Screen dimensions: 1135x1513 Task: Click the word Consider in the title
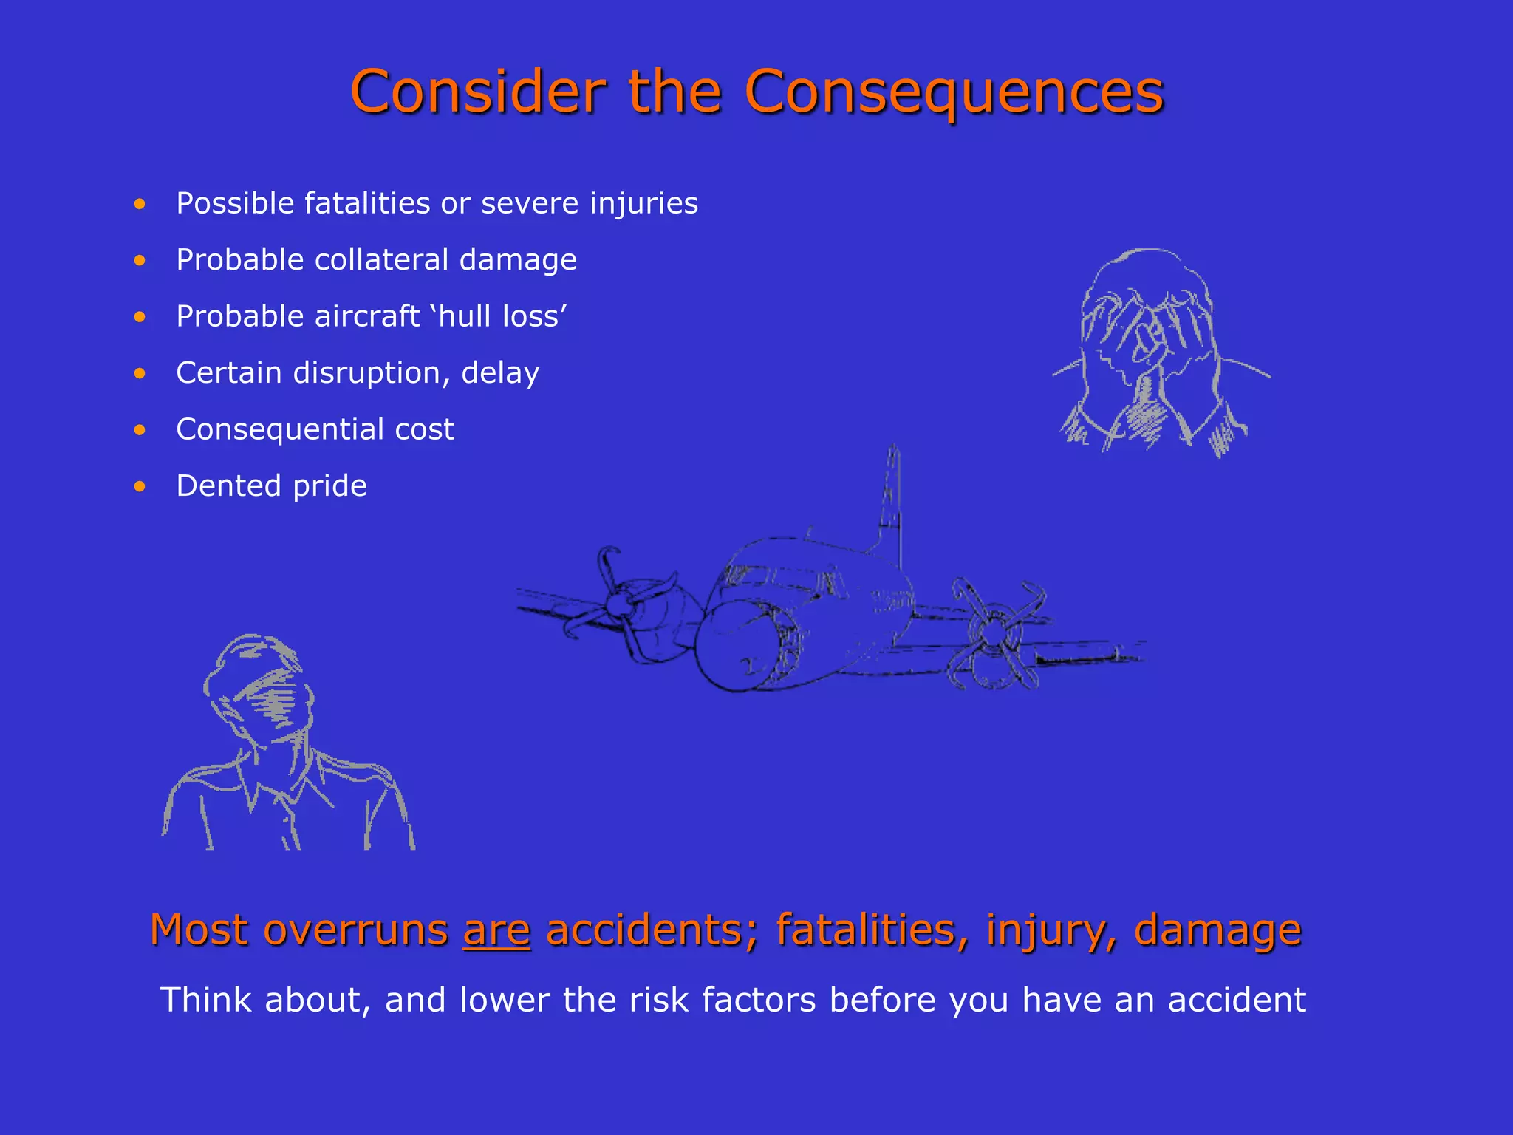click(x=477, y=92)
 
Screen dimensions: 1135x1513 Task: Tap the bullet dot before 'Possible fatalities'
click(x=140, y=204)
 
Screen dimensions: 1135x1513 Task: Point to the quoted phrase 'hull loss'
click(x=502, y=317)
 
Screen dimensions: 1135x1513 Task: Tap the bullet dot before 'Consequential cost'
click(x=140, y=430)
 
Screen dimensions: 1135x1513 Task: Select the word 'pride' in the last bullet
click(x=329, y=486)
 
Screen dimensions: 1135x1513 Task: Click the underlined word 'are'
click(x=496, y=930)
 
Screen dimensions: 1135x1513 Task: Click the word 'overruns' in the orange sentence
click(x=355, y=930)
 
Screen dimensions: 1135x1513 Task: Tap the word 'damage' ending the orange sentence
click(x=1217, y=930)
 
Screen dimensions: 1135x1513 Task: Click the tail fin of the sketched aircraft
click(x=891, y=502)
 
